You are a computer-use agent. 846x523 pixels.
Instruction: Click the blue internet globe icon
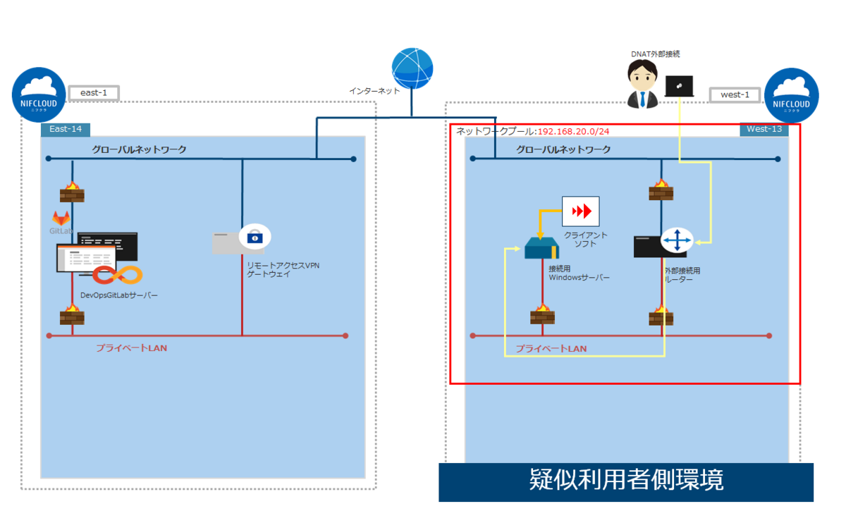tap(412, 69)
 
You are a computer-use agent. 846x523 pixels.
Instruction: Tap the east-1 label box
tap(93, 93)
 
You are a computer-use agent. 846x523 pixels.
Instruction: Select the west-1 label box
tap(734, 94)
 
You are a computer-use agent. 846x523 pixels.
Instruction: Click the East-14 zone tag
tap(66, 129)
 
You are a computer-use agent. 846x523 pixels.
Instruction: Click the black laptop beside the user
tap(679, 86)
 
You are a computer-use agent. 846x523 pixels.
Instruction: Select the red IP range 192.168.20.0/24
tap(573, 131)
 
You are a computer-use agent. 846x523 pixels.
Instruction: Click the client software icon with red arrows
tap(580, 211)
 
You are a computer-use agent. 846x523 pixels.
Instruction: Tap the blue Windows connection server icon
tap(541, 248)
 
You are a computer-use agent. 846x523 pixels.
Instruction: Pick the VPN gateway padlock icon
tap(254, 237)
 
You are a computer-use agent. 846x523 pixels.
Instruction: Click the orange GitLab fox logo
tap(61, 218)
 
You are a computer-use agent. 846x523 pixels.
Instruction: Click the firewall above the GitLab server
tap(72, 191)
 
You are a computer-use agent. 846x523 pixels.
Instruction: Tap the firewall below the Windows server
tap(542, 314)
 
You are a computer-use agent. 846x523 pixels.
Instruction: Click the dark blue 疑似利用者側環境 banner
tap(625, 481)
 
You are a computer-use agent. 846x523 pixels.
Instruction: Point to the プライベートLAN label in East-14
tap(131, 348)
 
